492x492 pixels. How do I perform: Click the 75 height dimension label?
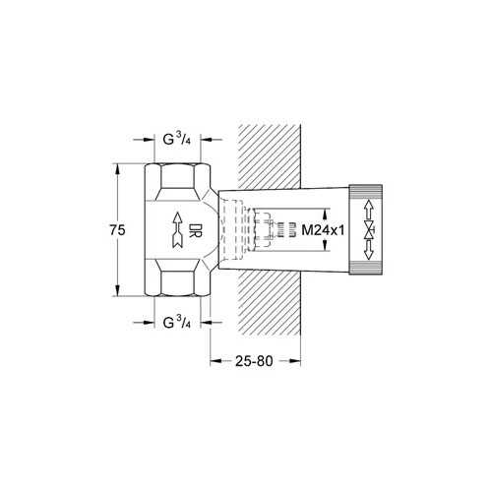117,230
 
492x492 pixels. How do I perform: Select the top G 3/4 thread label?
177,139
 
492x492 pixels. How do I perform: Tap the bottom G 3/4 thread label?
177,322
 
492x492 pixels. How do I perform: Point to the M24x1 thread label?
323,230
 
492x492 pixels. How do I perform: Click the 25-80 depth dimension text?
254,361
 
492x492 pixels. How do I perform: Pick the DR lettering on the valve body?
196,230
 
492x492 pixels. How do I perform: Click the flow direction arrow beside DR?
177,229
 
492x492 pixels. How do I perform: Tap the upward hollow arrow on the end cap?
369,210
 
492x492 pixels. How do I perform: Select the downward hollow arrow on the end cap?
369,250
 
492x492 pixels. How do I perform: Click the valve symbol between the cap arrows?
369,230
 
